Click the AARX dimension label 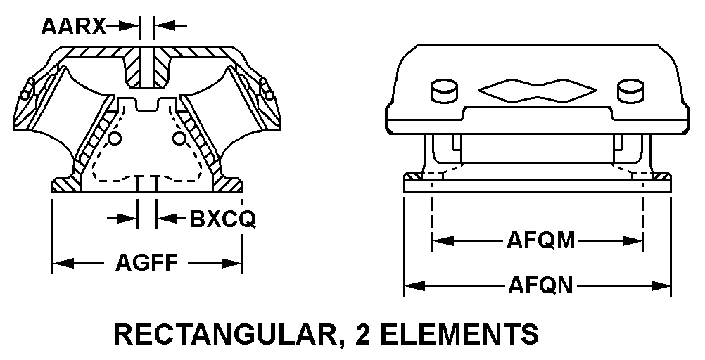pos(73,27)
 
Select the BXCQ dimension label pos(222,220)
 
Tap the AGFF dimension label pos(147,264)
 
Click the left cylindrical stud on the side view pos(443,89)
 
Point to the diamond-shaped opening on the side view pos(536,89)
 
